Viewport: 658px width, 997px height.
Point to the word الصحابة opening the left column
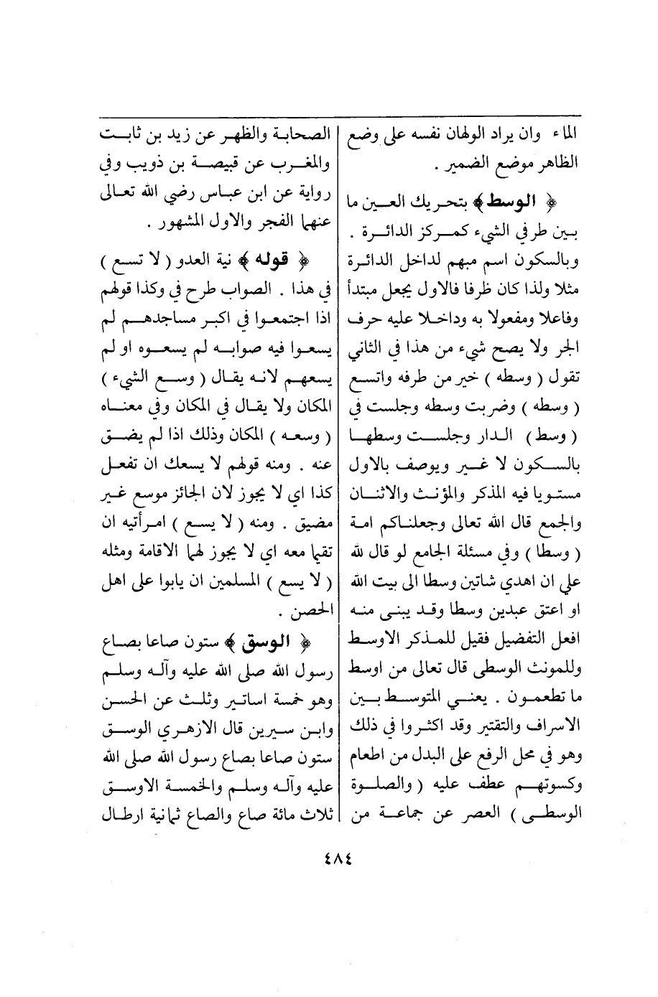click(x=294, y=134)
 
